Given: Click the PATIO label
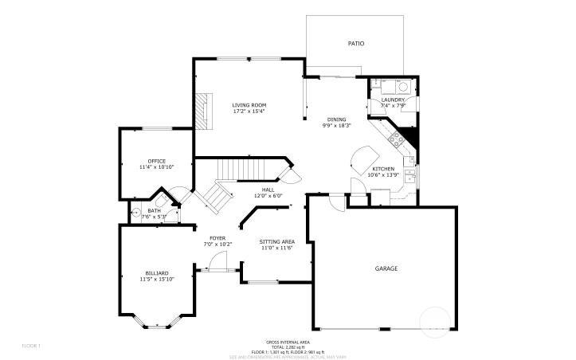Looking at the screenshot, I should (x=355, y=43).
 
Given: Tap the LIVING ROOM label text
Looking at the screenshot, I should (x=249, y=105).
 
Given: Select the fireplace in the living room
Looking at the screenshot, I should (x=205, y=111).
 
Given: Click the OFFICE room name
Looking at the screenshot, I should (x=156, y=161).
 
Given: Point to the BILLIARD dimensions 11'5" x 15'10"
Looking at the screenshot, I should (x=156, y=280).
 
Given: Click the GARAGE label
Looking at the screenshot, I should (x=386, y=268).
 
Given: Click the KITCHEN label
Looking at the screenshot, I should (x=384, y=169).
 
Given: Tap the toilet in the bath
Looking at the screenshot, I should (x=137, y=213).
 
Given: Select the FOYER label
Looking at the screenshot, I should (x=217, y=238).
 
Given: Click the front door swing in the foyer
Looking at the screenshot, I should (x=222, y=260).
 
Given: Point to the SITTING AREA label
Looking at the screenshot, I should (x=277, y=241).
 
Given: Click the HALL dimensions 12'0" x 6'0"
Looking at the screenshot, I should (x=268, y=196).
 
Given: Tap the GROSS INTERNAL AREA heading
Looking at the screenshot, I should (x=287, y=342).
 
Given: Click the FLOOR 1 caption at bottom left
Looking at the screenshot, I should (x=30, y=345).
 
